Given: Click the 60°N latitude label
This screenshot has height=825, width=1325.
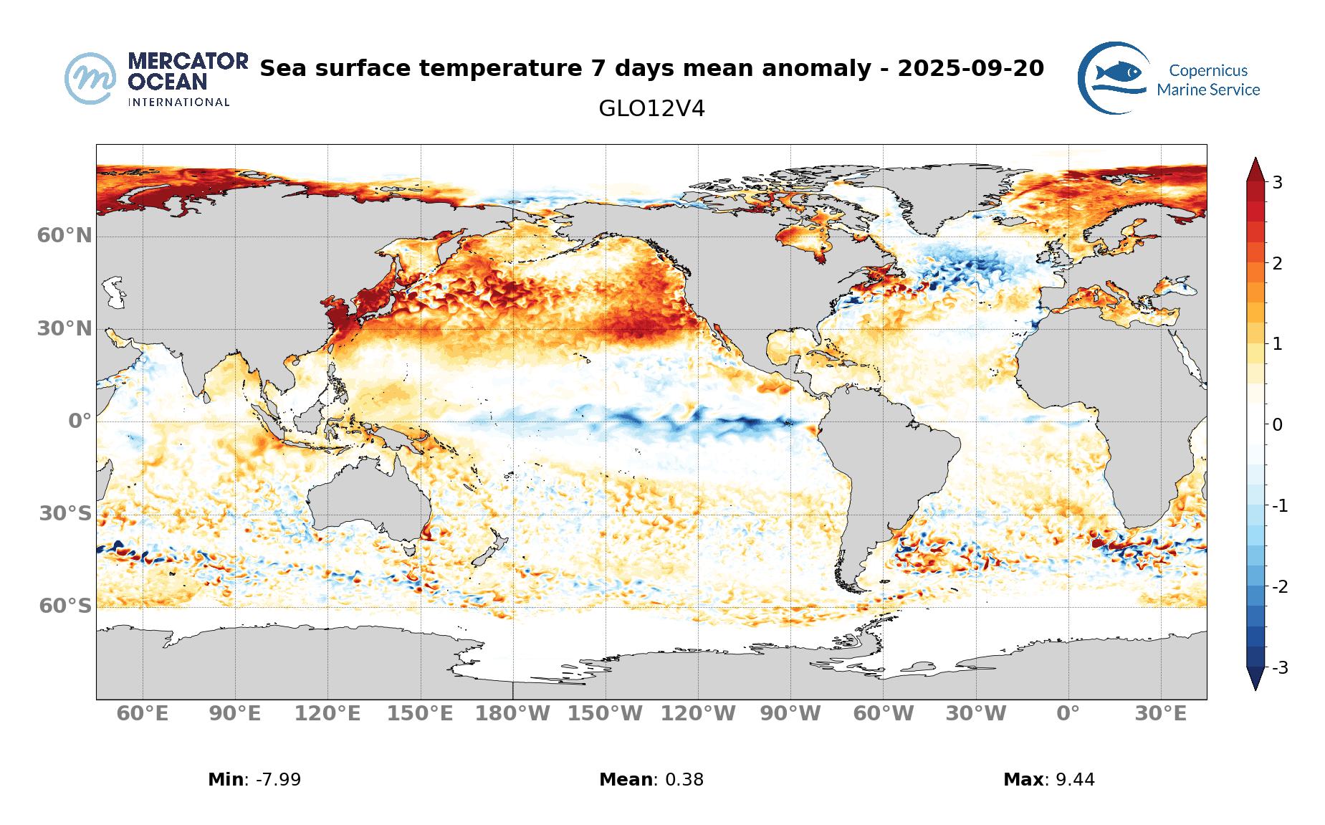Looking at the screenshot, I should tap(64, 236).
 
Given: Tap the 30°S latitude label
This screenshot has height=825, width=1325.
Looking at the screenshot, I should tap(64, 514).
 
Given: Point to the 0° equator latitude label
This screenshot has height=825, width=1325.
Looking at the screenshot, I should tap(80, 421).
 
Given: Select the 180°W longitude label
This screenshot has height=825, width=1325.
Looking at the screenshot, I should tap(513, 715).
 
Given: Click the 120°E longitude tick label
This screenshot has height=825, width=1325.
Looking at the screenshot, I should tap(328, 715).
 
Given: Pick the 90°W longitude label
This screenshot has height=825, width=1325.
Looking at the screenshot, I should tap(790, 715).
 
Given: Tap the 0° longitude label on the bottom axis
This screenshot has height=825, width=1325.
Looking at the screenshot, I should tap(1068, 715).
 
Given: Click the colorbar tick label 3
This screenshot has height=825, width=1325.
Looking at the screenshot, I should tap(1277, 183).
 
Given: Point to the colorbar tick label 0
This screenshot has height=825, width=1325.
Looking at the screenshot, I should tap(1277, 425).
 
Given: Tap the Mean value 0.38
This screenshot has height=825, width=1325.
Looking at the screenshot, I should tap(684, 780).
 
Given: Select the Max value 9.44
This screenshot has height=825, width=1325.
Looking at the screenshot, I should tap(1075, 780).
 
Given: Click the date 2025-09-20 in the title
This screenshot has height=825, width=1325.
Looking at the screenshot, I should tap(970, 69).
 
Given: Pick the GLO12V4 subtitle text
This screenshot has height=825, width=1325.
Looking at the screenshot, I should tap(651, 109).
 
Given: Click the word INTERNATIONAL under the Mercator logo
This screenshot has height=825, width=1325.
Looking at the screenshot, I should tap(178, 102).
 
